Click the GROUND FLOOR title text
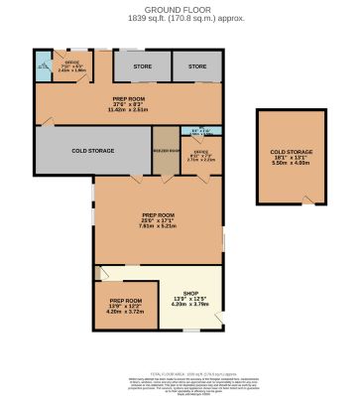[179, 10]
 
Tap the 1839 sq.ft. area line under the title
[179, 17]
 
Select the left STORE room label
[141, 66]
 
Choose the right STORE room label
[196, 66]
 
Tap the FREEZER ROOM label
[166, 150]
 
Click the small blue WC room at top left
[43, 68]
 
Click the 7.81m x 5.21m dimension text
[158, 226]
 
